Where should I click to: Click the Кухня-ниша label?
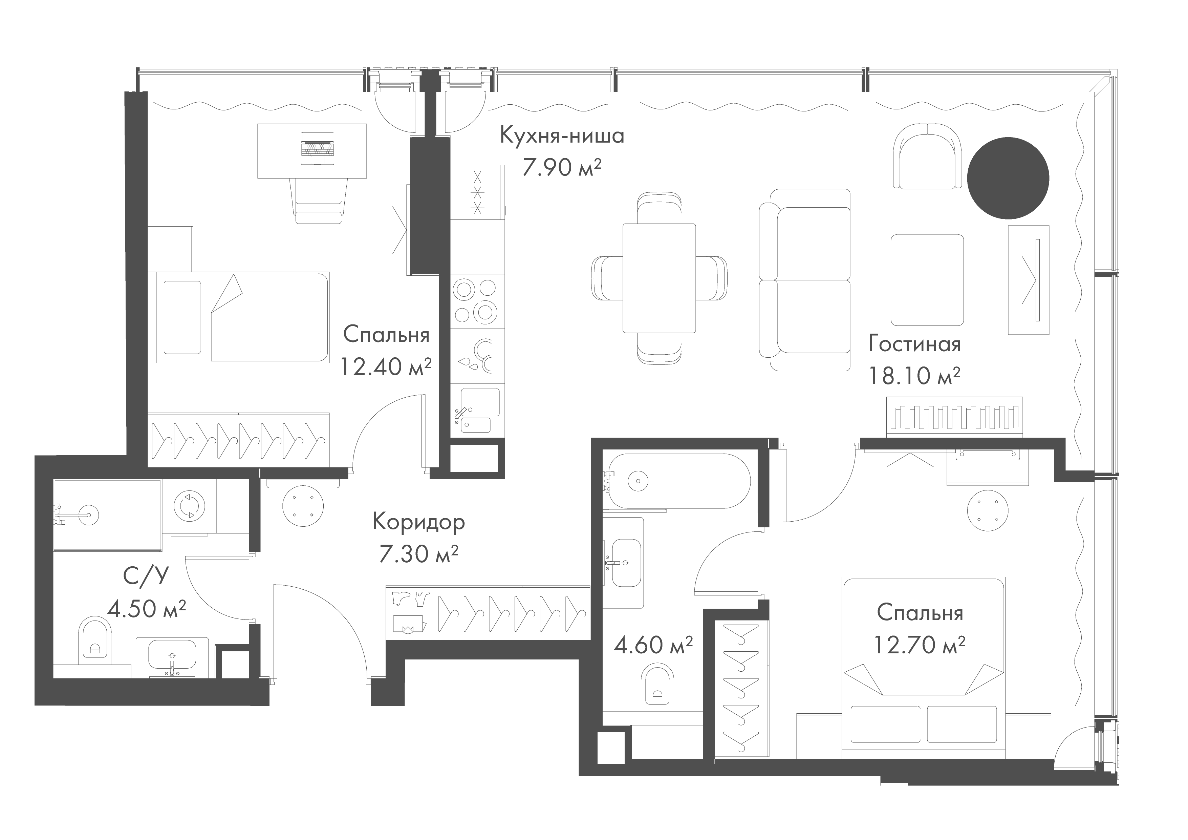click(562, 135)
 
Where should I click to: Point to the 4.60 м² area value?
click(653, 645)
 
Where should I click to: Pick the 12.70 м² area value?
click(920, 645)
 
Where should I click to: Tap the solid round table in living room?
click(1008, 177)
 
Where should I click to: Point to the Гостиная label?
click(914, 344)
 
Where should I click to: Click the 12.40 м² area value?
click(386, 366)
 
